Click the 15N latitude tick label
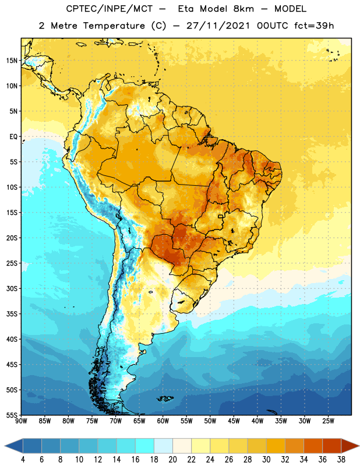pyautogui.click(x=12, y=61)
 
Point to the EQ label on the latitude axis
pyautogui.click(x=13, y=137)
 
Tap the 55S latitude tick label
pyautogui.click(x=12, y=415)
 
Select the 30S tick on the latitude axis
pyautogui.click(x=12, y=288)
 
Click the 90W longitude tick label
pyautogui.click(x=21, y=421)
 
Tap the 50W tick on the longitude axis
pyautogui.click(x=210, y=421)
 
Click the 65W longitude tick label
pyautogui.click(x=139, y=421)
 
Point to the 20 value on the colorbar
pyautogui.click(x=172, y=460)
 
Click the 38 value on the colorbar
pyautogui.click(x=341, y=460)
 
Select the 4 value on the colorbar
pyautogui.click(x=23, y=460)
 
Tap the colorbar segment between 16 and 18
pyautogui.click(x=144, y=446)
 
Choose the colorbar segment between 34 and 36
pyautogui.click(x=313, y=446)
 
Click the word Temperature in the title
pyautogui.click(x=114, y=26)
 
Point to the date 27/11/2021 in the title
pyautogui.click(x=218, y=26)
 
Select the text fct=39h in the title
pyautogui.click(x=314, y=26)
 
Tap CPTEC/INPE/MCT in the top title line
pyautogui.click(x=110, y=9)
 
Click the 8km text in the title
pyautogui.click(x=243, y=9)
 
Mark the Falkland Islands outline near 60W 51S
pyautogui.click(x=165, y=398)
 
